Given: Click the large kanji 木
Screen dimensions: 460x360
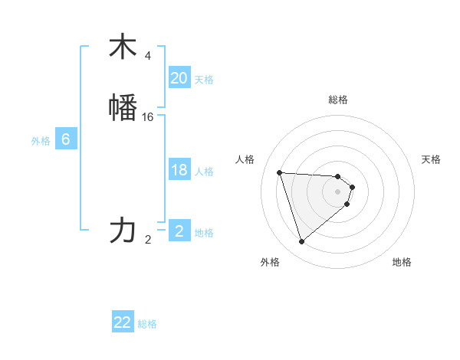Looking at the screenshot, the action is pos(123,47).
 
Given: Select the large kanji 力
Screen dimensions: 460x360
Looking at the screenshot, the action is pos(123,231).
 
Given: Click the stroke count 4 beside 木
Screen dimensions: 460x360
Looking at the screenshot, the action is pos(148,56).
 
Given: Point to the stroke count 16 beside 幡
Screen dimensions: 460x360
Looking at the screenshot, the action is pos(148,117).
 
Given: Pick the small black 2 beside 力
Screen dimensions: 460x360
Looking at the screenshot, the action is pos(148,240).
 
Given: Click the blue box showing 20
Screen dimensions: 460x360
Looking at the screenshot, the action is pos(179,78).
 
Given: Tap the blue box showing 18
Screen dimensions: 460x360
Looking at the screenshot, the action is pos(179,170).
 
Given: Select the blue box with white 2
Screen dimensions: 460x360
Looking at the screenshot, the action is pos(179,231).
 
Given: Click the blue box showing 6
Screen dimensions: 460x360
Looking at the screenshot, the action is pos(66,139).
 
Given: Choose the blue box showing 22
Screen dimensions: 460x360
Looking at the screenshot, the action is pos(123,323).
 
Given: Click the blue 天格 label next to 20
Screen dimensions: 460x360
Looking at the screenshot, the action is pos(204,80).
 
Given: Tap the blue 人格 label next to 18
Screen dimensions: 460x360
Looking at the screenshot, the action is pos(204,172).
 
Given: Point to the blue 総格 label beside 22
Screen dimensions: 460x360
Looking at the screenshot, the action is pos(148,325).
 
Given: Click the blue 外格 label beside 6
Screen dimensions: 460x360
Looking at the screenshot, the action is pos(41,141).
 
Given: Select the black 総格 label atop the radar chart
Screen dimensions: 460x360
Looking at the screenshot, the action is pos(337,100).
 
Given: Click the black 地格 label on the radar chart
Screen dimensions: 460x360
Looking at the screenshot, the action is pos(402,263).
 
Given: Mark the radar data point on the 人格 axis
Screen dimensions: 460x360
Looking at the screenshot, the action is pos(280,172).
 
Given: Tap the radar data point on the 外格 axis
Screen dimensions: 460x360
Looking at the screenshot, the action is pos(302,242).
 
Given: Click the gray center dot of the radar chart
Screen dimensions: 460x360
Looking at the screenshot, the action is pos(337,191).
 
